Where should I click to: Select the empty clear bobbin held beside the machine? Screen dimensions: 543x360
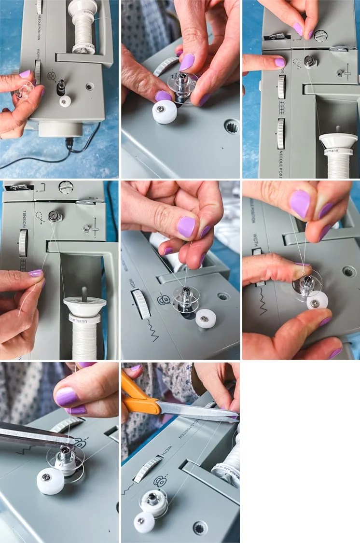point(24,90)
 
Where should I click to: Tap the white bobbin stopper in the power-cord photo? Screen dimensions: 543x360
point(65,101)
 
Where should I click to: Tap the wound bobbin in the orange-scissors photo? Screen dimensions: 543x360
point(153,501)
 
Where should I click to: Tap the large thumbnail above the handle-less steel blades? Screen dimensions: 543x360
point(67,396)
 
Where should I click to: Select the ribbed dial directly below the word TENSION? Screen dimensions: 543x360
point(23,243)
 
